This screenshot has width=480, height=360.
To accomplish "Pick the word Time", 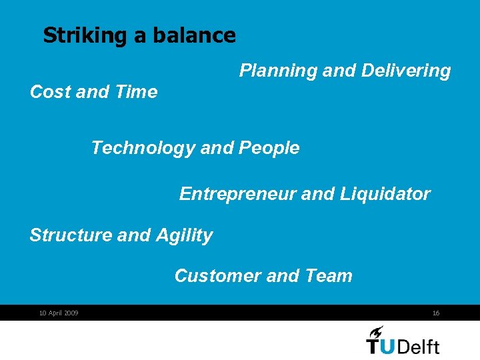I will tap(136, 92).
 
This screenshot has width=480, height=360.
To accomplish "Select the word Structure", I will tap(70, 235).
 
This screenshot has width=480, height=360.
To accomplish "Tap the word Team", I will tap(328, 275).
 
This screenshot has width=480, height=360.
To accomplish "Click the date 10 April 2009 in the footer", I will tap(59, 313).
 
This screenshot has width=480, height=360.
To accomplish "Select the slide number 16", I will tap(435, 313).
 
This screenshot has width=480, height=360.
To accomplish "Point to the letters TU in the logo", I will tap(381, 346).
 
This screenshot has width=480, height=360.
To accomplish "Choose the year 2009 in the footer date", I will tap(71, 313).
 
